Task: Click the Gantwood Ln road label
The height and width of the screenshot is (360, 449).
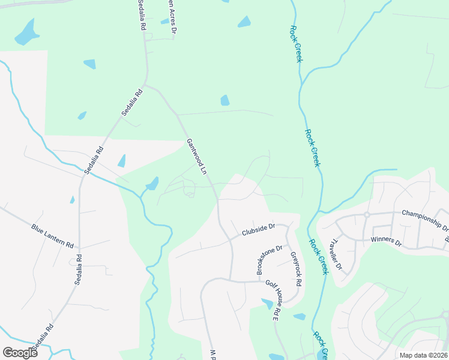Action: (x=196, y=157)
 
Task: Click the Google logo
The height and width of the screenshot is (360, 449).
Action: (x=20, y=352)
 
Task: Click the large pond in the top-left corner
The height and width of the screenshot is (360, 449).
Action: (x=26, y=32)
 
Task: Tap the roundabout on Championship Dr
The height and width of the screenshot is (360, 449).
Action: (x=366, y=215)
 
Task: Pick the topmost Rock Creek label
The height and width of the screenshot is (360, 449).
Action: (x=295, y=43)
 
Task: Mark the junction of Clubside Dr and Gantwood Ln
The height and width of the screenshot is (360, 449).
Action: (x=231, y=239)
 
